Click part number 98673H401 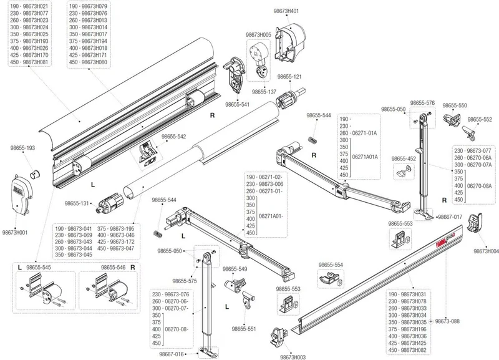286,11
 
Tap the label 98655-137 264,92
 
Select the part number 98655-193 22,148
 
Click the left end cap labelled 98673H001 22,197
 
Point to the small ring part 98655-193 34,175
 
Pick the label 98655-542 174,137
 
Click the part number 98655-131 77,203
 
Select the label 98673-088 447,321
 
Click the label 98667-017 450,216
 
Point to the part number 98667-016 172,354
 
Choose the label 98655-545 39,268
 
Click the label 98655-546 114,268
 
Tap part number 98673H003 293,357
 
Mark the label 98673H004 486,251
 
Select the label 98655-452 404,158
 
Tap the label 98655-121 289,76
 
